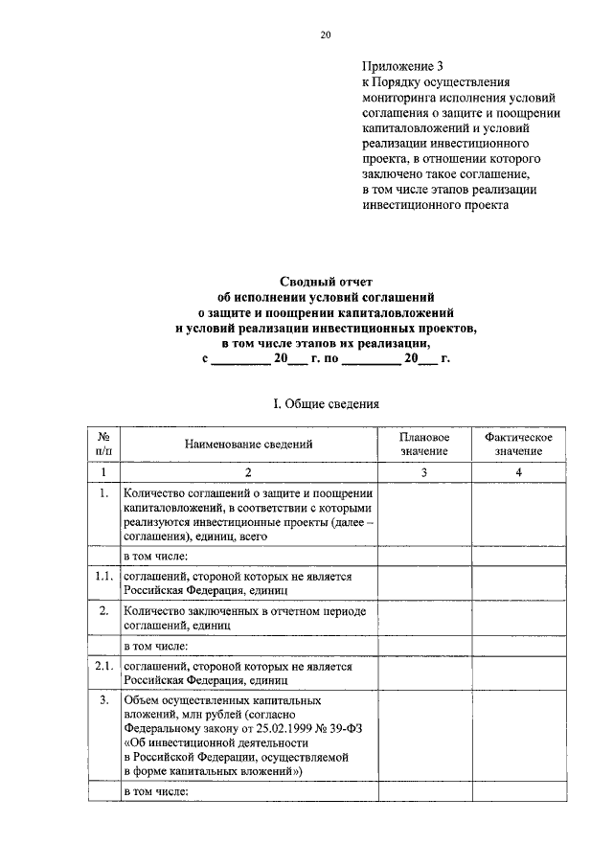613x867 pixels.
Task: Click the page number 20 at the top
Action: point(325,34)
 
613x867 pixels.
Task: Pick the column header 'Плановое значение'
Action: point(423,444)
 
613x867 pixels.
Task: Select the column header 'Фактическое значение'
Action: point(518,444)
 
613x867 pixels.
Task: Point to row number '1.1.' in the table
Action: point(103,577)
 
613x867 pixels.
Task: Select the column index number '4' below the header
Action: point(518,472)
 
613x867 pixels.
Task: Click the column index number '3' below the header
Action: point(423,472)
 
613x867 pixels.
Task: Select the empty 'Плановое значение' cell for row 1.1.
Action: point(423,583)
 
